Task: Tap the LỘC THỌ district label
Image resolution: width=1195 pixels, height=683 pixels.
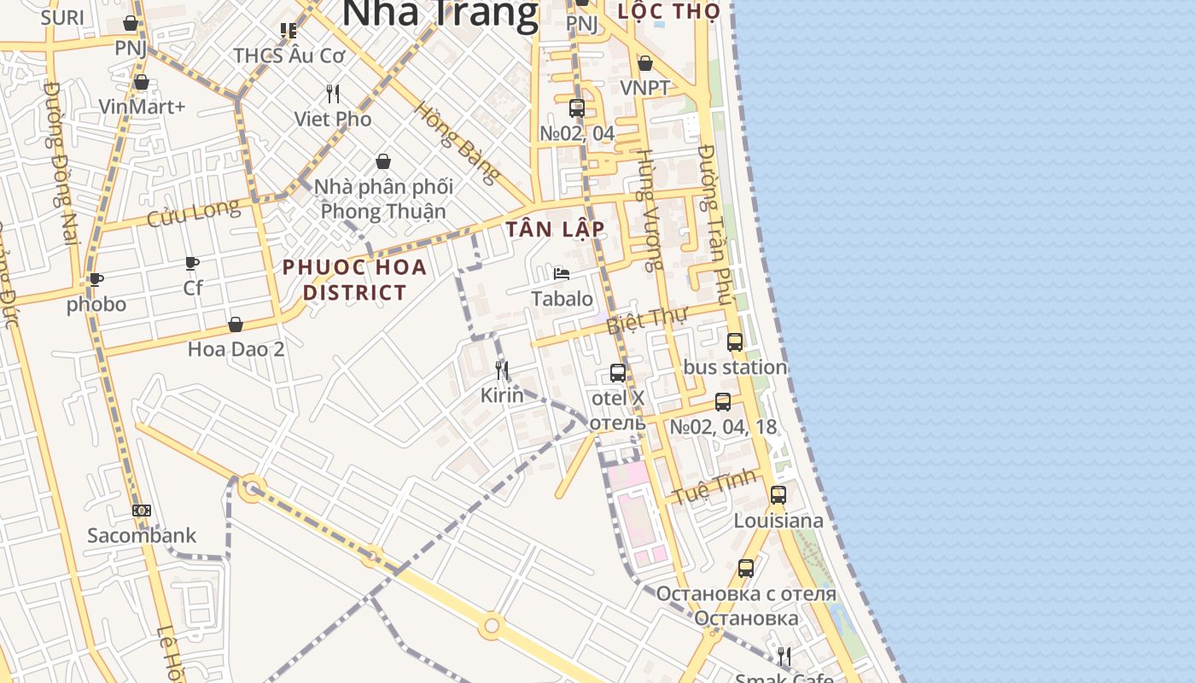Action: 668,11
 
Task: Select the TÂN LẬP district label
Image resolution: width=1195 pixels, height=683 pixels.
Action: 555,229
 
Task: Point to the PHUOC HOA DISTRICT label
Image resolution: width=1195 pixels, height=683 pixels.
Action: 354,279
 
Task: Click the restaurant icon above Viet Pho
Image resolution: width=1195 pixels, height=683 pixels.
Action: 333,93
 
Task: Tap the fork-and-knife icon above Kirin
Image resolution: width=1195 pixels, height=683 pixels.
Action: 502,370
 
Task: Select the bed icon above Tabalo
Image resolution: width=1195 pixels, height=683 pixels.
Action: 561,273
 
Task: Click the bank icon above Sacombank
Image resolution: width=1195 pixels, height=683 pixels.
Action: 142,511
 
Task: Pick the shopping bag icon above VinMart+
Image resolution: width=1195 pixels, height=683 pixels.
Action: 142,82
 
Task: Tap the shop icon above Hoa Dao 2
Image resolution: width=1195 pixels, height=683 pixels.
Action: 236,324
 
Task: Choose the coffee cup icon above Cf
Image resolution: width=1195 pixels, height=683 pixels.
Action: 192,263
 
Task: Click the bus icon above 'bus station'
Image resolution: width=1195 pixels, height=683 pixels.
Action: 734,342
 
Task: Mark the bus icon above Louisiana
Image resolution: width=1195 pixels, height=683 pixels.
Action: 778,494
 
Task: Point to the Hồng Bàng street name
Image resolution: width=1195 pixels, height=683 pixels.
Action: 457,143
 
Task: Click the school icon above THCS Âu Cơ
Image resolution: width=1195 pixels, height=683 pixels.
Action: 289,31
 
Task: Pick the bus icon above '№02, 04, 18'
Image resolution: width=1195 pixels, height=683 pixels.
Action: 722,402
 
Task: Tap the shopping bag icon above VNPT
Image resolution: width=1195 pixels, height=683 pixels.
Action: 645,64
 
